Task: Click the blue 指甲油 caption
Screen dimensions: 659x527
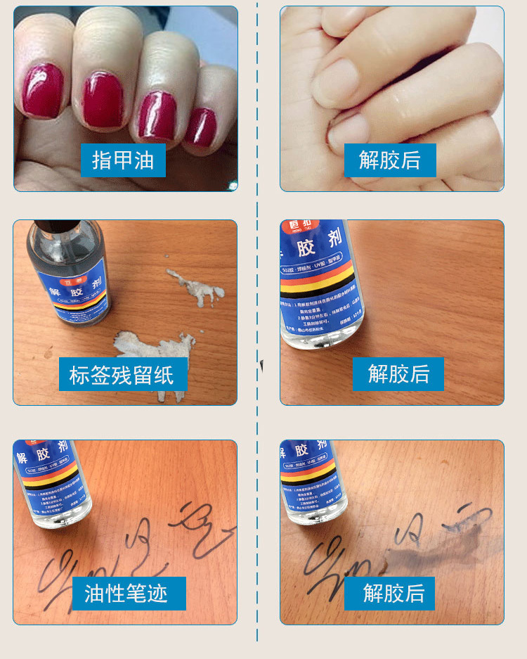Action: tap(123, 160)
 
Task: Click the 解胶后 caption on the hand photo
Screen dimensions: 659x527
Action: tap(389, 160)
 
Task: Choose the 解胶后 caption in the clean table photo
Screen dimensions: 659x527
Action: tap(398, 373)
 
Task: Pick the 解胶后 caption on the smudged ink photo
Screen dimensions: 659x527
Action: tap(394, 593)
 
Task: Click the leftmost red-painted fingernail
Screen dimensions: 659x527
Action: tap(42, 89)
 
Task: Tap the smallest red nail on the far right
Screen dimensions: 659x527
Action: tap(202, 127)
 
